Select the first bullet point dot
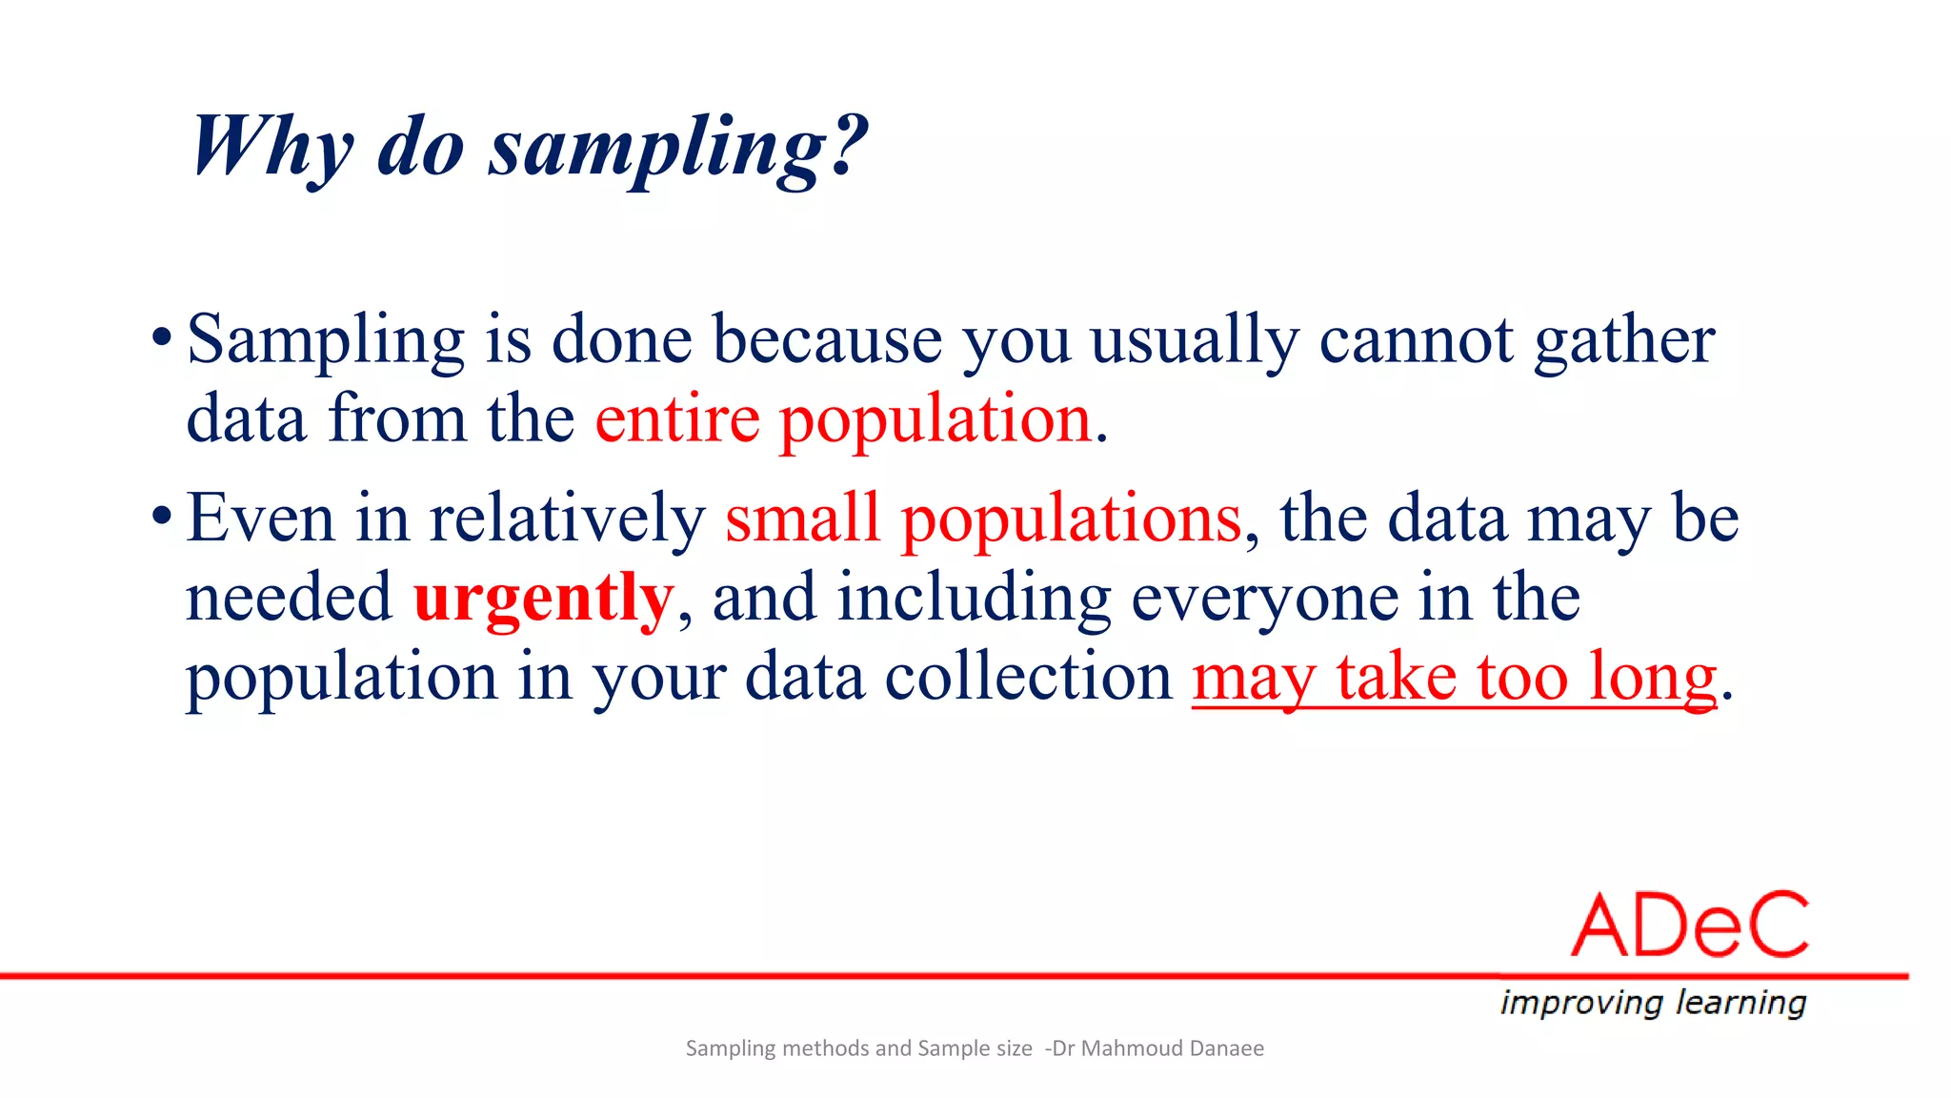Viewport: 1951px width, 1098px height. (162, 337)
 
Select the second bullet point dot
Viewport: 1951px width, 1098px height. (162, 517)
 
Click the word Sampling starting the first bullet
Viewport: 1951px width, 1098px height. (325, 340)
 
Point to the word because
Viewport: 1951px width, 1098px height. (827, 340)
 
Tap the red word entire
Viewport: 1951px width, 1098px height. (676, 419)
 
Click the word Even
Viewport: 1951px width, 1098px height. (260, 518)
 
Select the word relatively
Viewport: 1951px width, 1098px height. (566, 518)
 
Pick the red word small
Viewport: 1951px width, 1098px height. (802, 518)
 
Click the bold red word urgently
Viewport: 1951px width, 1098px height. (543, 600)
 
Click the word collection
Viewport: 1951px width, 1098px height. (1028, 678)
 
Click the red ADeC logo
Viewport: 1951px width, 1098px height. (1689, 925)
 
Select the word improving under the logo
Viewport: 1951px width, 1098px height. (1580, 1003)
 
